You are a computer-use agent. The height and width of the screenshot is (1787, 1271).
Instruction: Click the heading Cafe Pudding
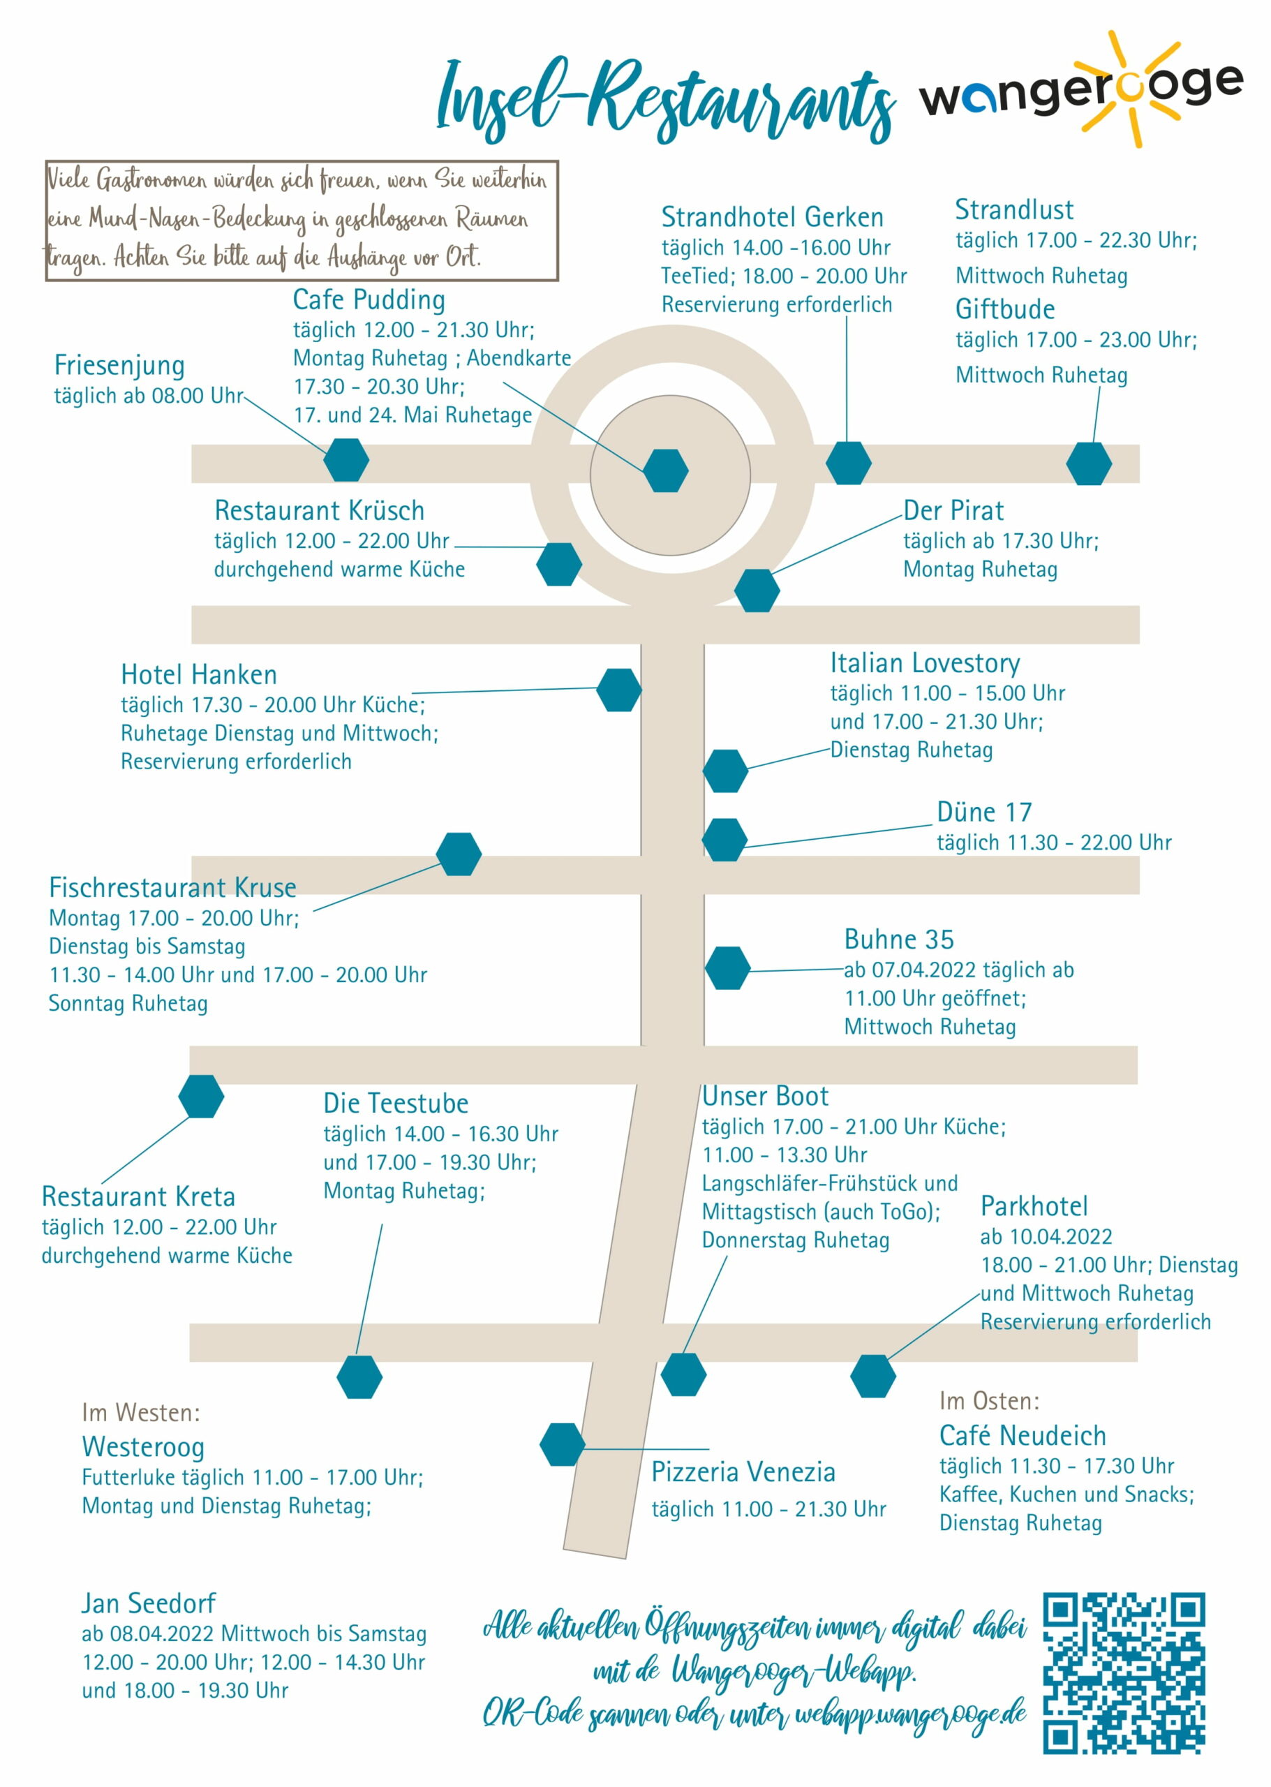369,299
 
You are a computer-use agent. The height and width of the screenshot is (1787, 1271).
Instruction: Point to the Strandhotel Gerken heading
773,217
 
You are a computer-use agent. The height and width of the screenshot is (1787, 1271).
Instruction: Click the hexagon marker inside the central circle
666,470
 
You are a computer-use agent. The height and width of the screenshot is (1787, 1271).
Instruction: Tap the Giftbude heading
1005,309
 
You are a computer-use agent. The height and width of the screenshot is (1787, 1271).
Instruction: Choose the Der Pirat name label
953,510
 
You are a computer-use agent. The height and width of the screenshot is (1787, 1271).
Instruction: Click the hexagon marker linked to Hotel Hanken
619,690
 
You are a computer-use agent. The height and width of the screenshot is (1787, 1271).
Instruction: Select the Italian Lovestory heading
925,663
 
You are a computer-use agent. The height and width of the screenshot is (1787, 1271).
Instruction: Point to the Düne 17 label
985,812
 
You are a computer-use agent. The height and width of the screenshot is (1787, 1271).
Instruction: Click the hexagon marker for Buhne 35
728,968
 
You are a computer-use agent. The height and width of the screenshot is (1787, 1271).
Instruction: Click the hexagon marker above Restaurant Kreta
201,1096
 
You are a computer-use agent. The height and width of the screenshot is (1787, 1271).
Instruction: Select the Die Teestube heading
396,1103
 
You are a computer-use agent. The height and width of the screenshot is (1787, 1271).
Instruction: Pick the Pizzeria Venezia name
743,1471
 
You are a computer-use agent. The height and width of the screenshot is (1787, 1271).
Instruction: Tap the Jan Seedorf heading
149,1603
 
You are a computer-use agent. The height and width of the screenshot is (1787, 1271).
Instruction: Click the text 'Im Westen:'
141,1412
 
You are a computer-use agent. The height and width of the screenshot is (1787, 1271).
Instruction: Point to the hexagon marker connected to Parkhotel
873,1376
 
